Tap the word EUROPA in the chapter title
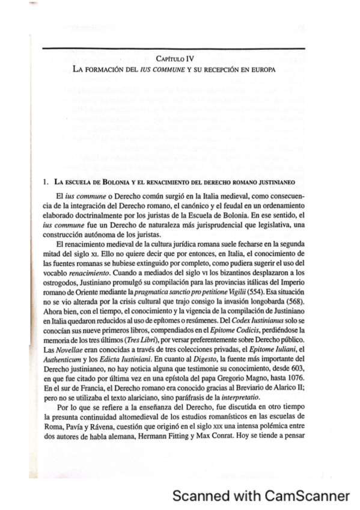click(261, 70)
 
